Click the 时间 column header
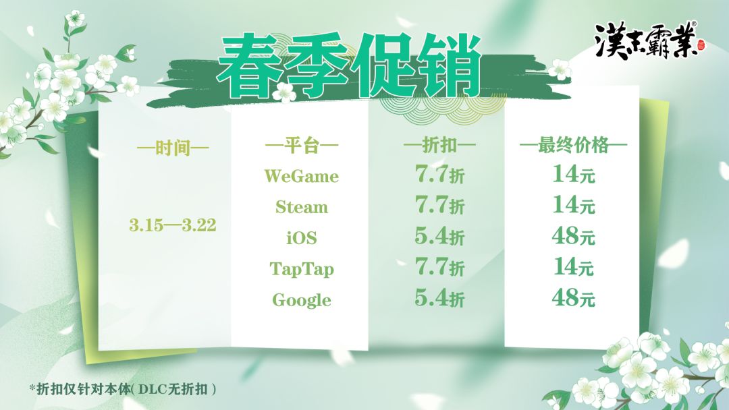[x=173, y=148]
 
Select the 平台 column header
[x=301, y=146]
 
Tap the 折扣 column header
[x=439, y=146]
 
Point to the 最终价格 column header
[x=573, y=146]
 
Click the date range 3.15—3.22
[x=173, y=225]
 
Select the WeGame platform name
[x=301, y=176]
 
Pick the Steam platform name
[x=301, y=206]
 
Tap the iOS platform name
[x=301, y=238]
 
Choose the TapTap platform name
[x=301, y=269]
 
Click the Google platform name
[x=301, y=300]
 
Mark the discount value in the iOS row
[x=439, y=236]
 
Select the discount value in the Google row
[x=439, y=298]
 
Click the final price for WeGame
[x=574, y=174]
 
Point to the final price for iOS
[x=574, y=236]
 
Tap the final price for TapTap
[x=574, y=267]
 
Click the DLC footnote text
[x=123, y=388]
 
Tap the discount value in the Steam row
[x=439, y=205]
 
